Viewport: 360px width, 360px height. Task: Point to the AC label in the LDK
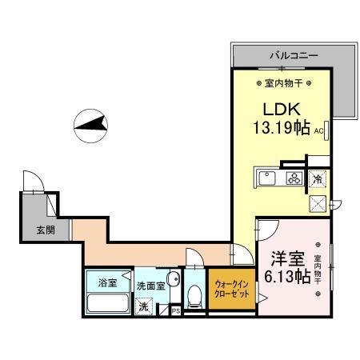[x=318, y=130]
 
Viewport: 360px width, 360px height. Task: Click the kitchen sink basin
[x=267, y=178]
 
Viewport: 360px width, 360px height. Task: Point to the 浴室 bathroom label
[x=107, y=282]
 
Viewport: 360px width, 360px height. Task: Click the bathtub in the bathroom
[x=107, y=306]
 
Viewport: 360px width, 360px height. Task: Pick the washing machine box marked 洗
[x=144, y=306]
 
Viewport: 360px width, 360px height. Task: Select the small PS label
[x=175, y=310]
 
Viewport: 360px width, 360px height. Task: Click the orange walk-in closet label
[x=230, y=289]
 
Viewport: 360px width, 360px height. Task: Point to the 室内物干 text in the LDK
[x=280, y=82]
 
